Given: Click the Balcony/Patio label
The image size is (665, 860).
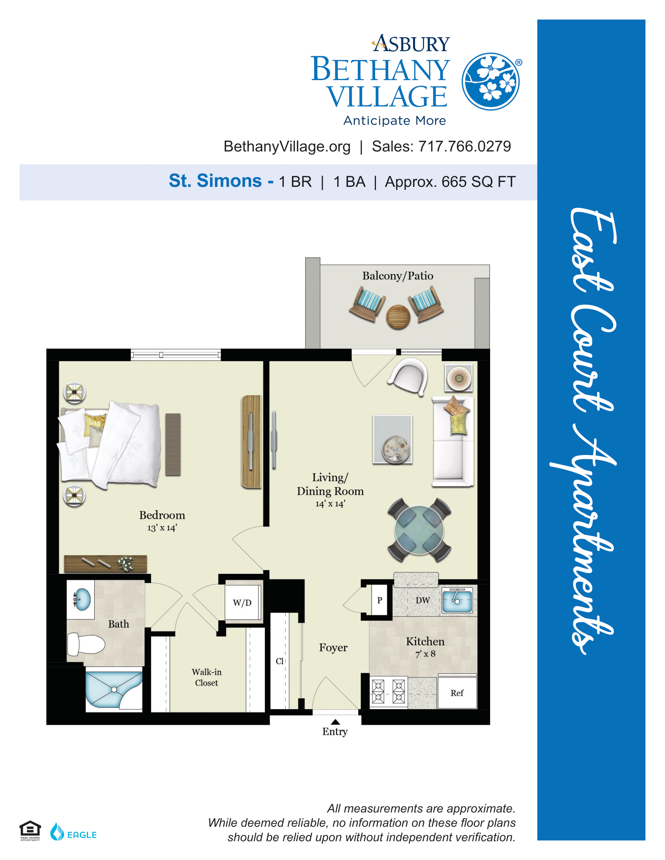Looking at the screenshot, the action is (x=397, y=276).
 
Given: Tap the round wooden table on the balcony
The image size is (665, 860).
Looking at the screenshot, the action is (x=398, y=317).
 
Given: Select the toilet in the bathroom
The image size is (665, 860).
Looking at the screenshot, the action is (x=86, y=644).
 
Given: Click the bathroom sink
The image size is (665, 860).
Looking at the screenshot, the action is (x=82, y=599).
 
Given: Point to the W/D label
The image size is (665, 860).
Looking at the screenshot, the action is (x=242, y=602).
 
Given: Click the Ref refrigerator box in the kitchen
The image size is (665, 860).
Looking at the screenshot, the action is (x=457, y=693).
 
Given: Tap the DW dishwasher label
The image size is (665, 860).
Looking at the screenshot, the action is (x=423, y=600).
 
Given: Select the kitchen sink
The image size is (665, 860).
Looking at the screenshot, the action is (x=457, y=600).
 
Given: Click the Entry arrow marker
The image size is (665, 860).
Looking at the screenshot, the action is (x=335, y=721).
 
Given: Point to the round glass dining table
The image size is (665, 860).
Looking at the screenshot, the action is (x=419, y=530).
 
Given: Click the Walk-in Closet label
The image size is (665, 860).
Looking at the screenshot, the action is (x=207, y=677).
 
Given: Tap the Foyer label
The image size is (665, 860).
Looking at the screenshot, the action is (x=333, y=648).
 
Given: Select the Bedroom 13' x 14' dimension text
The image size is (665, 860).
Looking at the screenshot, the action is (x=162, y=528).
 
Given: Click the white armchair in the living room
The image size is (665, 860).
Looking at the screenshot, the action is (x=408, y=376).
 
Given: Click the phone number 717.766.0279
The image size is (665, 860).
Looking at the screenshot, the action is (x=465, y=147).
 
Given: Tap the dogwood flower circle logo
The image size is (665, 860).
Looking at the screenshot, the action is (x=491, y=82).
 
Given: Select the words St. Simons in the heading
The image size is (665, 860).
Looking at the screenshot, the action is (x=215, y=181).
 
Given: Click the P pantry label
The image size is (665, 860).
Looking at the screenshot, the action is (x=380, y=600).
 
